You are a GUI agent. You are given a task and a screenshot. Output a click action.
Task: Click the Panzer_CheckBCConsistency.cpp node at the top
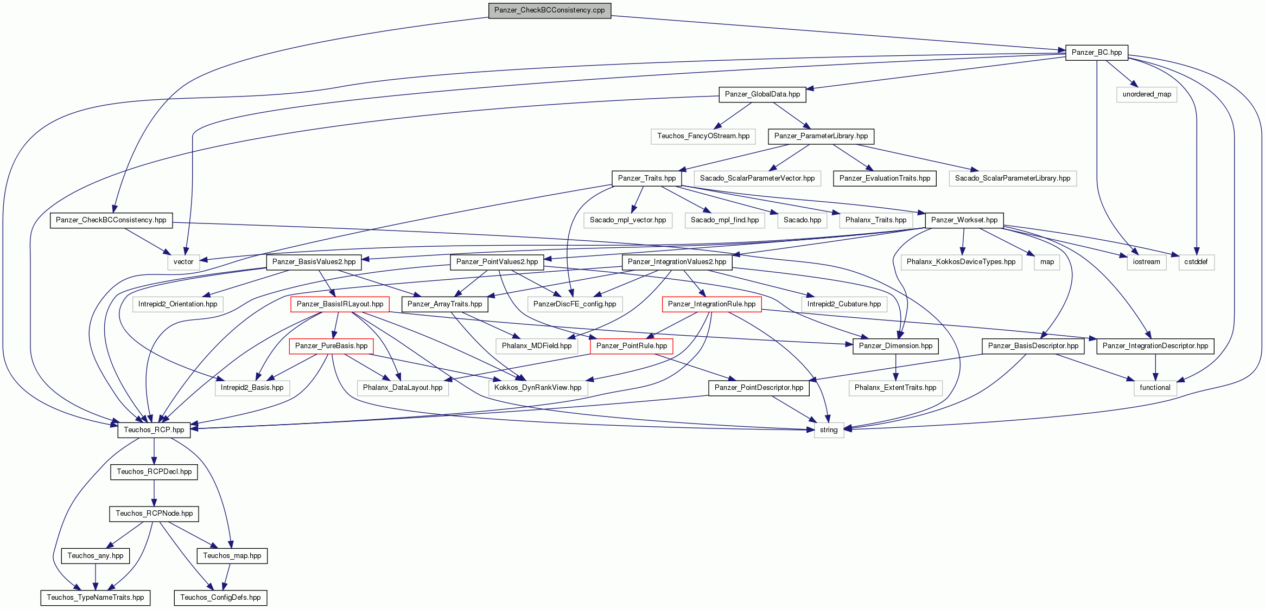tap(549, 10)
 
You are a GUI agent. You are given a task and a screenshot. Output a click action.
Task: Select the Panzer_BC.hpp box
tap(1097, 53)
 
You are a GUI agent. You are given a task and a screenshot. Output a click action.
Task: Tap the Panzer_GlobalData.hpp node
tap(762, 94)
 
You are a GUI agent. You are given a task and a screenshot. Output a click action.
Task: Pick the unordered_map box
tap(1147, 94)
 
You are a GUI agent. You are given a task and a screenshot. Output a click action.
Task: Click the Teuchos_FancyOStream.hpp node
tap(703, 136)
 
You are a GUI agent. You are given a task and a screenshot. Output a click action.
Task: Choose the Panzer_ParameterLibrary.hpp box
tap(821, 136)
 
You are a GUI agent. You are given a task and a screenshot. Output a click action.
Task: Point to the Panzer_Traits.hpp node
tap(647, 178)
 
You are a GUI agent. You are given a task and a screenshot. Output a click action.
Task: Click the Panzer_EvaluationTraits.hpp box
tap(885, 178)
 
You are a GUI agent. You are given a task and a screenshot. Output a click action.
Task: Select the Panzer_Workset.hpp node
tap(964, 220)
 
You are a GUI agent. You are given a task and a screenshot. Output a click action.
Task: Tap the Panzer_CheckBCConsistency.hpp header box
tap(111, 220)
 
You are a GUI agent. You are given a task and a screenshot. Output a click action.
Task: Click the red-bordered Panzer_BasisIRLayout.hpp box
tap(340, 304)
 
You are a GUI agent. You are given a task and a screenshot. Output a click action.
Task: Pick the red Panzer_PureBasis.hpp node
tap(331, 346)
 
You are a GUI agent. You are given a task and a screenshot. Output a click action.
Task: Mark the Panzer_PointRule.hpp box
tap(632, 346)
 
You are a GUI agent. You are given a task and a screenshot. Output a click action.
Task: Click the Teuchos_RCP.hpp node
tap(154, 430)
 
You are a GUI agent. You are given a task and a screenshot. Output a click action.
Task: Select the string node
tap(829, 430)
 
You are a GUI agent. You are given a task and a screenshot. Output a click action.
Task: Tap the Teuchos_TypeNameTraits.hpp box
tap(96, 598)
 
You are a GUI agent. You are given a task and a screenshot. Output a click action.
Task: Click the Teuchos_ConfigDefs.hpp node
tap(220, 598)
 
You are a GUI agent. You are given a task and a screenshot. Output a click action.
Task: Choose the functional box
tap(1155, 388)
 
